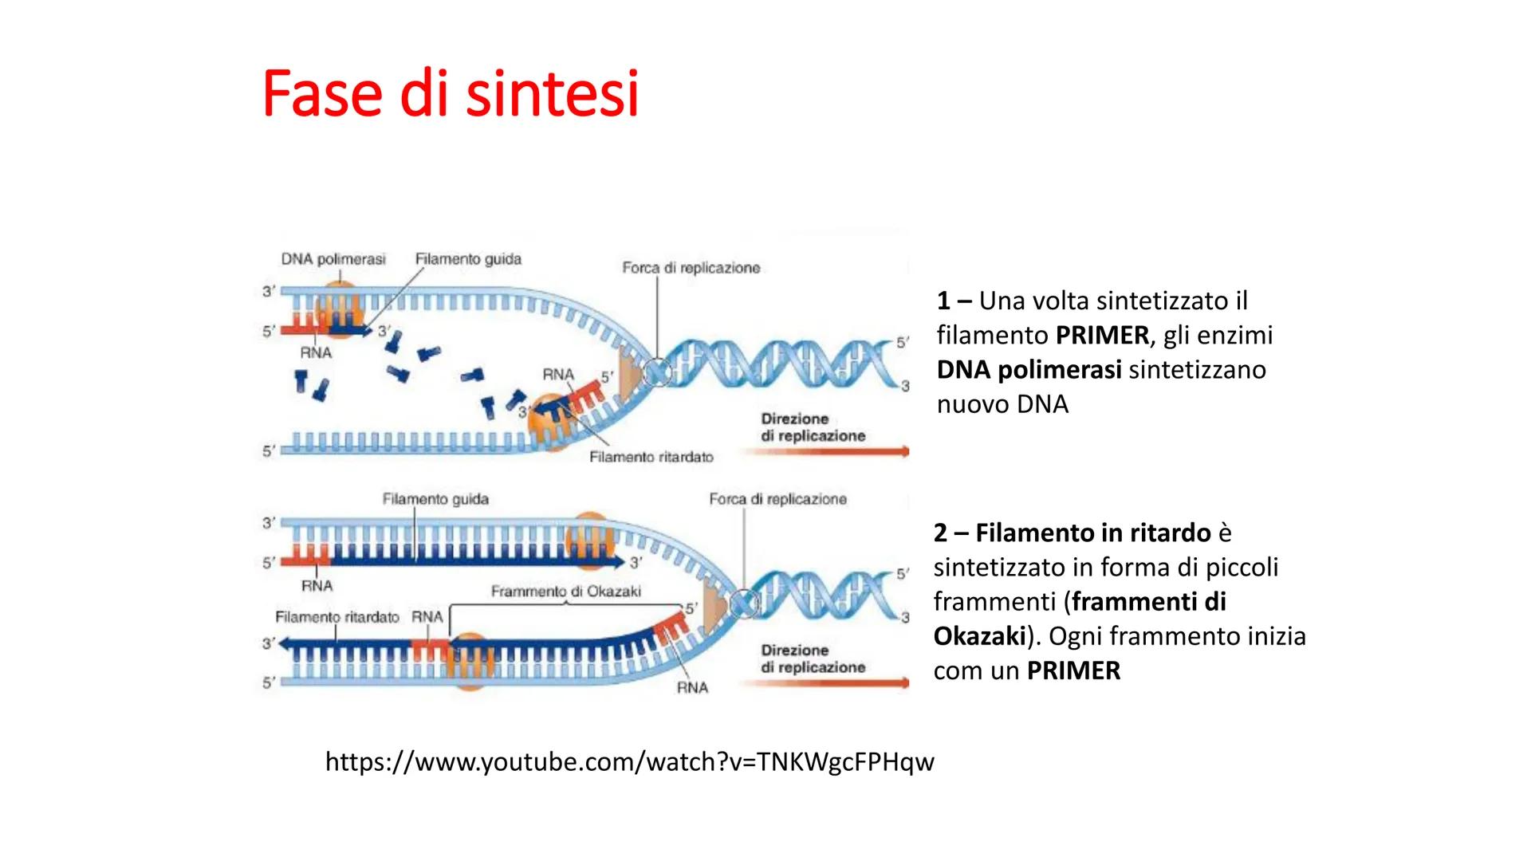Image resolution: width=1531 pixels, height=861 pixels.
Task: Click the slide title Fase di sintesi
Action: [x=451, y=94]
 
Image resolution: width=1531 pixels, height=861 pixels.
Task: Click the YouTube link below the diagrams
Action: [x=630, y=762]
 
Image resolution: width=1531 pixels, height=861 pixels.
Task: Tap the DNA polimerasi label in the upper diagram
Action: [x=333, y=259]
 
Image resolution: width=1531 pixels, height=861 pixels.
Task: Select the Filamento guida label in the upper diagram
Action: [x=468, y=258]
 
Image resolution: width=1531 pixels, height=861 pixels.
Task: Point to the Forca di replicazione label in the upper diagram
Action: [x=691, y=268]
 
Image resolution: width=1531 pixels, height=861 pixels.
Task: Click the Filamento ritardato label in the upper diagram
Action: [x=651, y=457]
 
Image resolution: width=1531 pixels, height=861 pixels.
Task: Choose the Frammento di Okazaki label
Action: [x=566, y=592]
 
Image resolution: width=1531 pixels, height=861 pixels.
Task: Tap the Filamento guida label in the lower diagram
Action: [x=435, y=499]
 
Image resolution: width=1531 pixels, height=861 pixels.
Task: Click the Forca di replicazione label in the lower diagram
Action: [x=778, y=499]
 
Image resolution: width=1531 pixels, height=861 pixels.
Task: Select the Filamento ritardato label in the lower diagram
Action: [x=337, y=617]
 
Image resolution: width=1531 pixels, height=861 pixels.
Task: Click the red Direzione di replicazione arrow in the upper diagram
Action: [x=824, y=452]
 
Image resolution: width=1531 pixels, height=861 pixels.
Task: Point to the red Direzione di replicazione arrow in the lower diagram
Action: [x=824, y=683]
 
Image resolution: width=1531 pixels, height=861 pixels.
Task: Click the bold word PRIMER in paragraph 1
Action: [x=1103, y=336]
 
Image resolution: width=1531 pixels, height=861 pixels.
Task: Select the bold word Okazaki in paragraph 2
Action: [x=979, y=636]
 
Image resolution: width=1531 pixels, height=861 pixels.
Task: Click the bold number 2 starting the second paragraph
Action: [x=941, y=533]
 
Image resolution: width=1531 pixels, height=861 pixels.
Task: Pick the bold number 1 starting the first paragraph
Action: [x=944, y=301]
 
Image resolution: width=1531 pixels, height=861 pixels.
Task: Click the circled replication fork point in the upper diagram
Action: [x=659, y=372]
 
